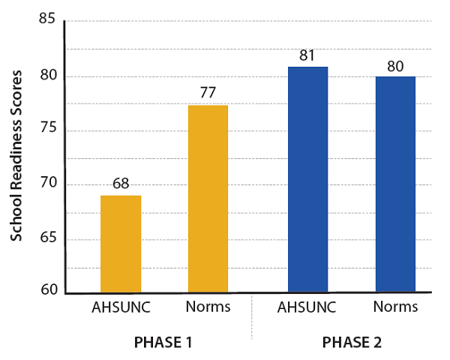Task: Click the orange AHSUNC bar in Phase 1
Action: click(121, 244)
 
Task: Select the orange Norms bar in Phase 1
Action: click(208, 199)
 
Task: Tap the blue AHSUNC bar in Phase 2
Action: click(307, 179)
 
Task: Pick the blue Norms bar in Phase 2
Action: click(395, 184)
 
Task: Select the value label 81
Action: click(307, 55)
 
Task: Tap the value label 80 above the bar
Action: click(395, 65)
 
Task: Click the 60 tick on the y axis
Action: click(47, 290)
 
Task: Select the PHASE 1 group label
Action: click(163, 342)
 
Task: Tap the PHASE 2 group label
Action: click(352, 342)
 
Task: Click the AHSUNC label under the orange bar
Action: click(121, 307)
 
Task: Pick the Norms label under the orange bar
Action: click(207, 307)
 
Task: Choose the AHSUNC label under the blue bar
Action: click(307, 307)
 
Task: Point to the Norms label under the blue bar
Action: click(394, 307)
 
